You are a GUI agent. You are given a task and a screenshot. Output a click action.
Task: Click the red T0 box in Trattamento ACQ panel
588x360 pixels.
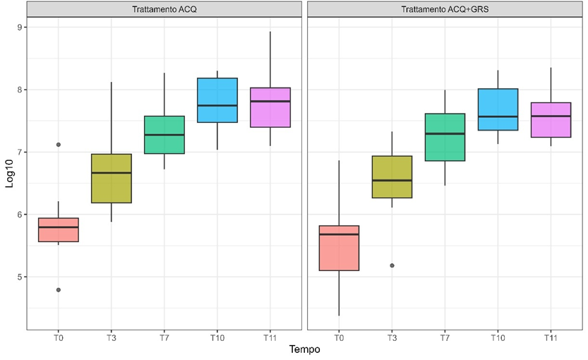click(x=59, y=230)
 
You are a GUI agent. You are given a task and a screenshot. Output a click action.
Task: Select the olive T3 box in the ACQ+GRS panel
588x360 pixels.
click(x=392, y=176)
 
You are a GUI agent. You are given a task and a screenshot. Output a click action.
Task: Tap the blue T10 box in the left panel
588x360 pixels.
click(x=217, y=100)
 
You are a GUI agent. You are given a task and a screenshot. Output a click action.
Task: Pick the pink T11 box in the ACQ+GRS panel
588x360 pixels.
click(x=551, y=120)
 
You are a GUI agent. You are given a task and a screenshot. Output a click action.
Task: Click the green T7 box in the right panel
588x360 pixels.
click(x=445, y=137)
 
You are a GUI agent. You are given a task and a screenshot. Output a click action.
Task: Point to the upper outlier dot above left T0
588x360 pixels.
click(x=59, y=145)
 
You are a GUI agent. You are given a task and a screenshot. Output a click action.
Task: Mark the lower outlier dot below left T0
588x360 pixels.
click(x=59, y=289)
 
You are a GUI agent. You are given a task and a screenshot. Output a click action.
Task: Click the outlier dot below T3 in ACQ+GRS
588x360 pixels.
click(x=392, y=265)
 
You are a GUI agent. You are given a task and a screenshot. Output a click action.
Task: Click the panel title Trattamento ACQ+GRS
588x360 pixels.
click(x=445, y=10)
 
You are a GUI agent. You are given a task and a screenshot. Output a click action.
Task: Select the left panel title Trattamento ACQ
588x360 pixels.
click(x=164, y=10)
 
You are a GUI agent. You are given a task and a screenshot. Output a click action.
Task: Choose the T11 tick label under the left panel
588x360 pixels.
click(x=270, y=337)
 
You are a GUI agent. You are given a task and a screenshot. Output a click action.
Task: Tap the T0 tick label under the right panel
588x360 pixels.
click(x=339, y=337)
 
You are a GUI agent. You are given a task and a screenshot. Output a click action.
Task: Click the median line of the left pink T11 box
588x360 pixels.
click(x=270, y=101)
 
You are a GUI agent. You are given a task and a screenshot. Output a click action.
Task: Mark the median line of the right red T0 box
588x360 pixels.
click(x=339, y=234)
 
